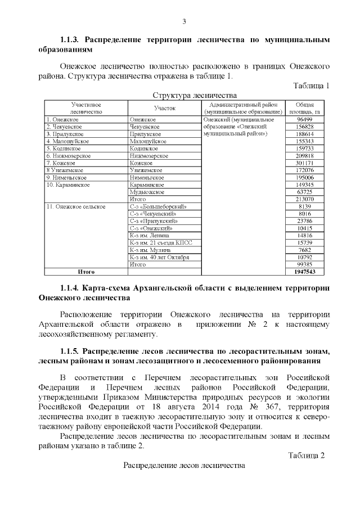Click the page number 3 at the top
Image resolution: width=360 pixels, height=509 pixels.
[183, 21]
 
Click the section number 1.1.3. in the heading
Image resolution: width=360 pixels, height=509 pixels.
[71, 40]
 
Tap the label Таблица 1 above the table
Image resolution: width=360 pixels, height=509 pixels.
[311, 85]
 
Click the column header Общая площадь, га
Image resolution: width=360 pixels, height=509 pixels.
[304, 108]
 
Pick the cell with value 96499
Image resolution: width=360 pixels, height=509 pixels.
[304, 119]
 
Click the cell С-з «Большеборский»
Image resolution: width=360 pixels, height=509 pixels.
[157, 206]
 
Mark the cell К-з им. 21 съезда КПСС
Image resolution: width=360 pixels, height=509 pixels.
[160, 242]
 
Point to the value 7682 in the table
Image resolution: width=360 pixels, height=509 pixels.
[304, 250]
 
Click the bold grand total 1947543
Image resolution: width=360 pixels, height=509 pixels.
[304, 271]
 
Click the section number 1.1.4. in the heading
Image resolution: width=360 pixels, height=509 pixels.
[71, 289]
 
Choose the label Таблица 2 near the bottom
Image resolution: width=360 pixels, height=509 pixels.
[307, 456]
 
